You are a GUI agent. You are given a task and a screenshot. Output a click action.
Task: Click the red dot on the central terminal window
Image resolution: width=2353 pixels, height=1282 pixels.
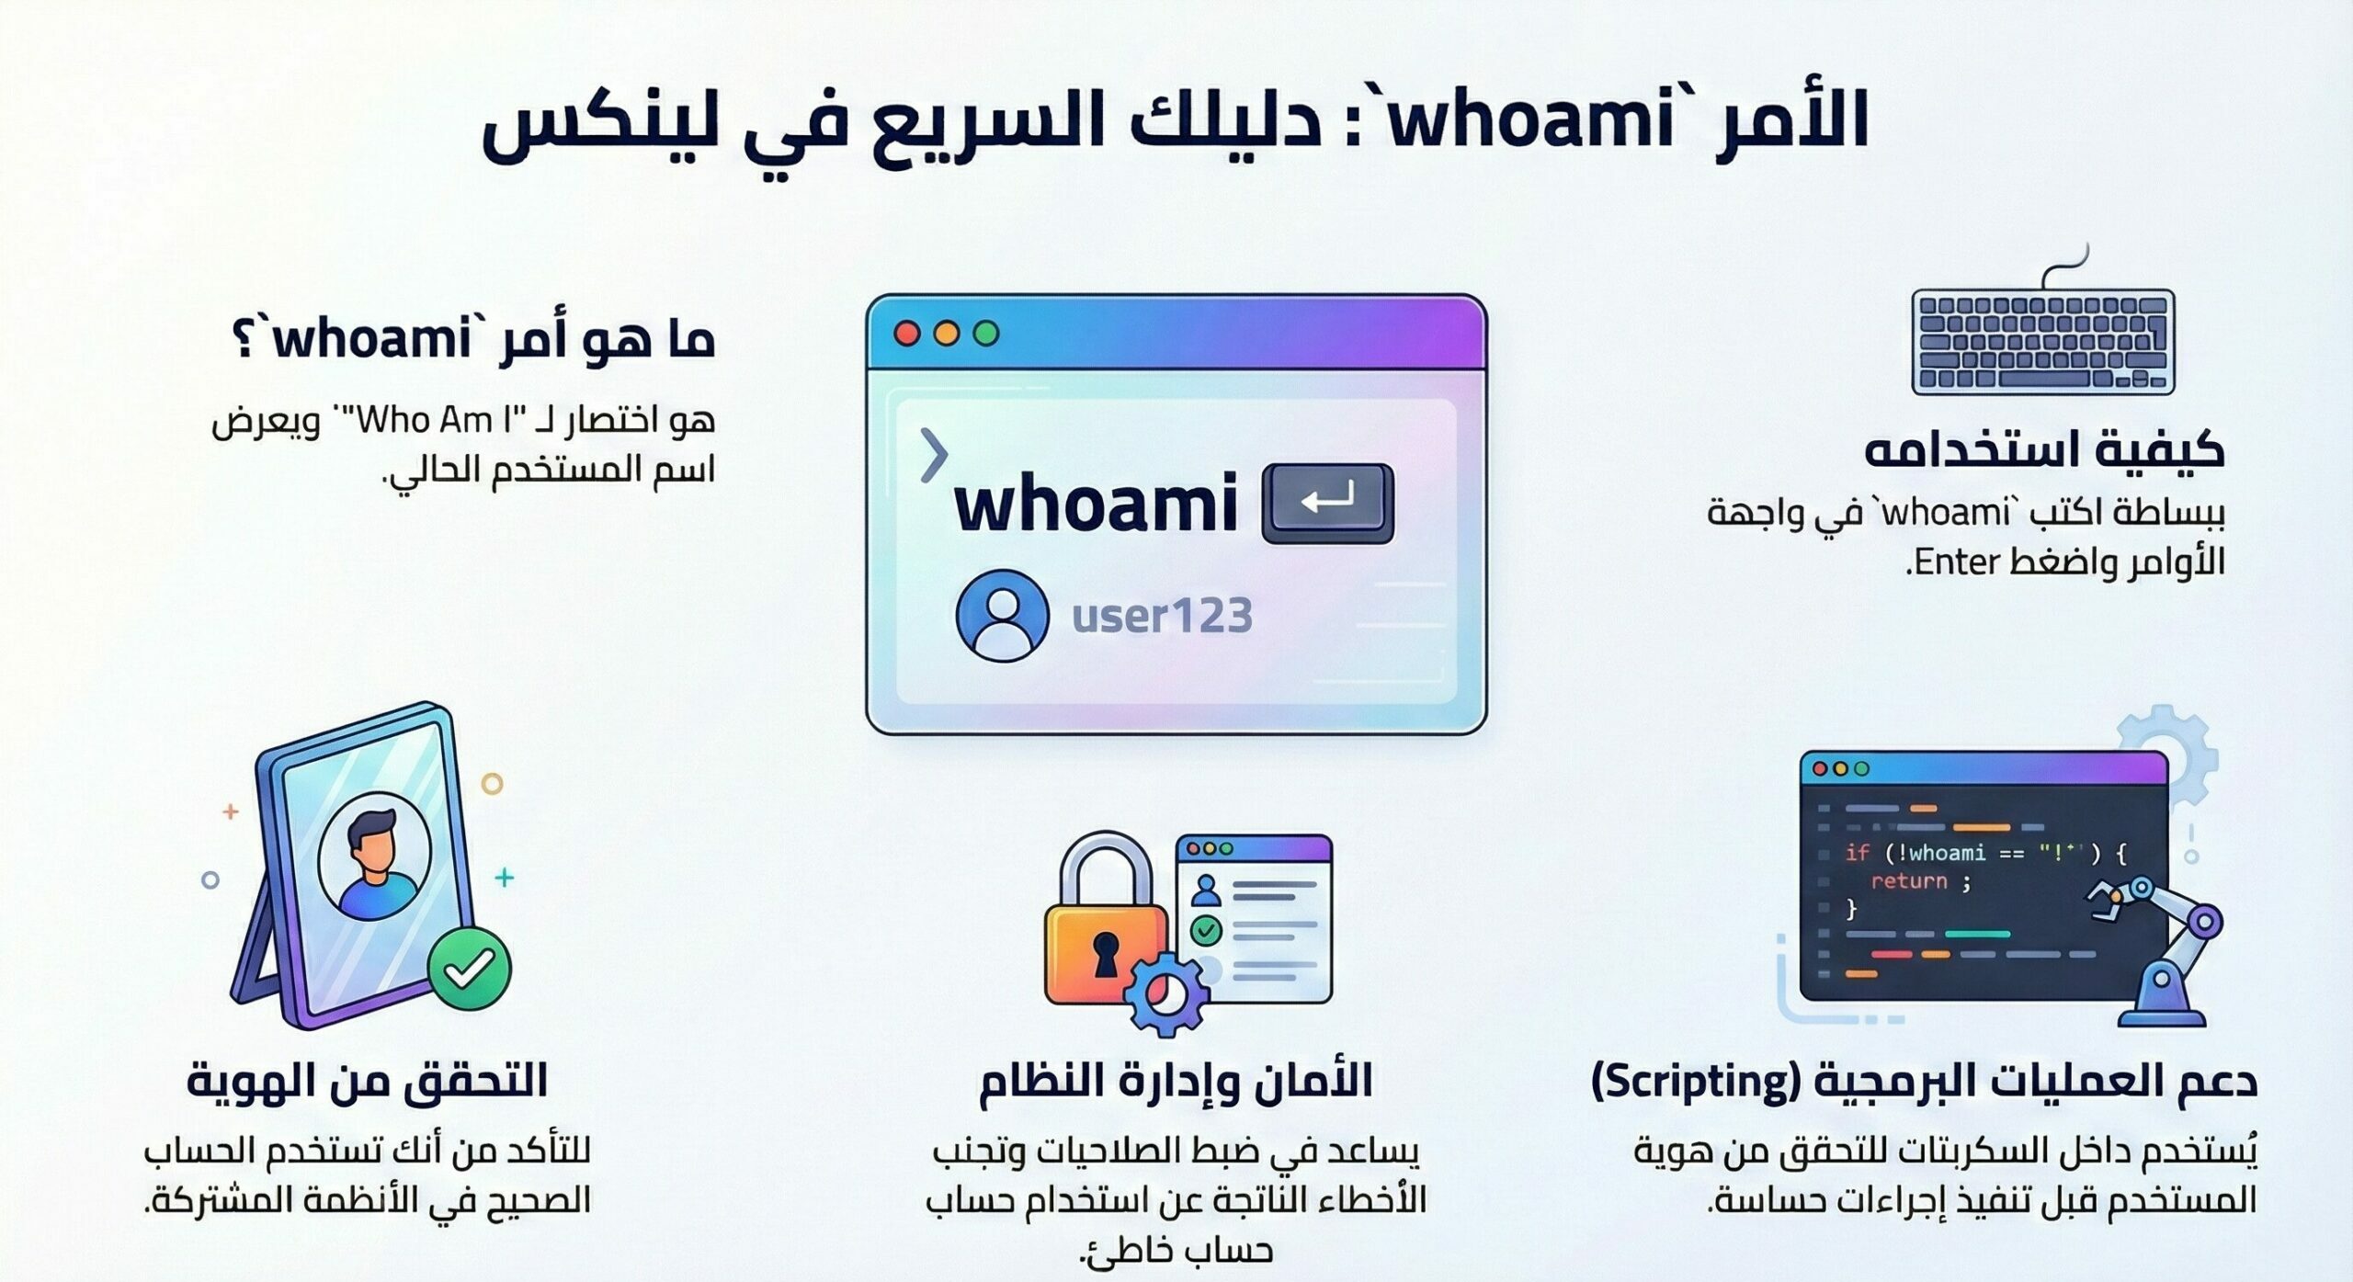[x=907, y=333]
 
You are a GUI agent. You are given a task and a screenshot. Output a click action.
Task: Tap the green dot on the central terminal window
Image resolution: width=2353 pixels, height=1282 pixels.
[x=986, y=333]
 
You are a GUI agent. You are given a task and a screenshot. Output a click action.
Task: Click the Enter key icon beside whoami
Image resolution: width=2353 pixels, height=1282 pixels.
[x=1328, y=503]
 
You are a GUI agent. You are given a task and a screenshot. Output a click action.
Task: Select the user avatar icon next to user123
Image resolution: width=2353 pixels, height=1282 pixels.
[x=1002, y=615]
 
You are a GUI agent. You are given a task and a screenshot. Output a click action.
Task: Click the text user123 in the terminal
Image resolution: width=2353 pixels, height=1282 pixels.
[x=1162, y=616]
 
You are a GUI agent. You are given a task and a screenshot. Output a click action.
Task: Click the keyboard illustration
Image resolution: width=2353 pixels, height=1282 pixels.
[x=2042, y=341]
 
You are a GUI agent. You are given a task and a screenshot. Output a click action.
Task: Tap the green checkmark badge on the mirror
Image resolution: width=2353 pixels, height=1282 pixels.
[x=470, y=969]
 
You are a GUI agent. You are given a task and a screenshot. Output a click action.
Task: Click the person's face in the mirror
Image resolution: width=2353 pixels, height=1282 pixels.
[x=372, y=850]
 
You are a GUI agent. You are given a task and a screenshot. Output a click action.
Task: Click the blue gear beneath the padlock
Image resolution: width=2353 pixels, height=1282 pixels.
[x=1167, y=994]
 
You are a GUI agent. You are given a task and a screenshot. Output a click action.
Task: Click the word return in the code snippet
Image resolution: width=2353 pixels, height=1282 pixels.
[x=1908, y=881]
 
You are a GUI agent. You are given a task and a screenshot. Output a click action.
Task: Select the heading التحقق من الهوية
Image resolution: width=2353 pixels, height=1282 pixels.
[x=368, y=1081]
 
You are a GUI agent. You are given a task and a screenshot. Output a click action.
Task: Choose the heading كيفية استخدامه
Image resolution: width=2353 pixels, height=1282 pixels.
[x=2044, y=451]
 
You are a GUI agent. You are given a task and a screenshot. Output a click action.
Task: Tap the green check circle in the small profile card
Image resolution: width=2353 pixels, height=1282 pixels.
[x=1206, y=930]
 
